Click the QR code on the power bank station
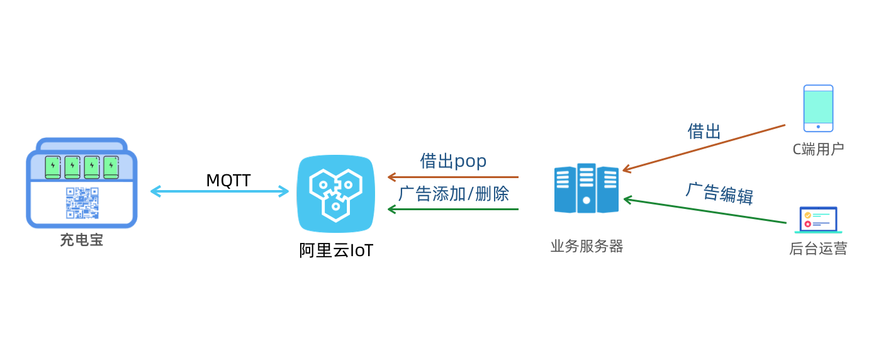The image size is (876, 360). click(82, 203)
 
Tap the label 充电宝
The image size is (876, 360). click(82, 240)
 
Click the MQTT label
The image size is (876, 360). click(228, 181)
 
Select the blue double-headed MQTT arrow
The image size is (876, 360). click(219, 191)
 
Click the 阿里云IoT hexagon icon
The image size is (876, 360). click(335, 193)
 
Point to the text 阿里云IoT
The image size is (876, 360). click(336, 250)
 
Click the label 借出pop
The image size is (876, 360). click(453, 161)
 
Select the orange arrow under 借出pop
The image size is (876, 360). click(453, 177)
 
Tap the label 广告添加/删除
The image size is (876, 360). click(454, 193)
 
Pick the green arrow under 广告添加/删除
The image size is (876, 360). click(453, 209)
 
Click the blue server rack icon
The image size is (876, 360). click(587, 188)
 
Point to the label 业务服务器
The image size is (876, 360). click(587, 246)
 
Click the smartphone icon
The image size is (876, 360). click(818, 108)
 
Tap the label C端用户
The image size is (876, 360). click(818, 149)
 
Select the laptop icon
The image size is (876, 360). click(818, 220)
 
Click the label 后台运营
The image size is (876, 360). click(818, 249)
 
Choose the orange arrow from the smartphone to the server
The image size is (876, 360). click(704, 148)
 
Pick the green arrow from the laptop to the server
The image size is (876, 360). click(705, 211)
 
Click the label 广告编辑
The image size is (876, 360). click(719, 193)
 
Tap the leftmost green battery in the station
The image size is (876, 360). click(53, 167)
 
